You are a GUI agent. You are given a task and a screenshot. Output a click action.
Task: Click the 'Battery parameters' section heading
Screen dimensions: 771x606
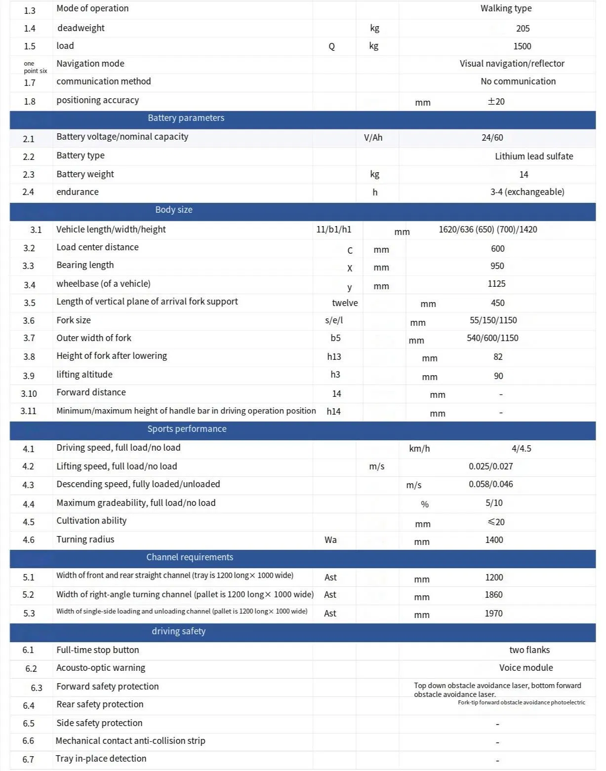[186, 118]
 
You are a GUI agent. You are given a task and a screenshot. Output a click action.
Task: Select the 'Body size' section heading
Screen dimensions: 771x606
[173, 210]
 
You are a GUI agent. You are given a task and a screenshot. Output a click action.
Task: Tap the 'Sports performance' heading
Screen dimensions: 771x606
[187, 429]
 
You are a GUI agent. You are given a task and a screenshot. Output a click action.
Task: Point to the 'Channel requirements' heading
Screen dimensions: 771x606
[190, 557]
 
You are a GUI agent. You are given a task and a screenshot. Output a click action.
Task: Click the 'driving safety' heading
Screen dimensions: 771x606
[178, 631]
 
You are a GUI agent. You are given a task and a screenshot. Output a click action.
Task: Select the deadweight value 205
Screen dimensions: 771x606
[523, 29]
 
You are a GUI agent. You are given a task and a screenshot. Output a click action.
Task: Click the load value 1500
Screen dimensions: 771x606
[522, 46]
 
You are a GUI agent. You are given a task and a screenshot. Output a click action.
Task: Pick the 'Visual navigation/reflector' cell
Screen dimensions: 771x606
[512, 64]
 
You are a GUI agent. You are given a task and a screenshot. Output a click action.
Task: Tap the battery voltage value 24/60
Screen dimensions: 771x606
[492, 138]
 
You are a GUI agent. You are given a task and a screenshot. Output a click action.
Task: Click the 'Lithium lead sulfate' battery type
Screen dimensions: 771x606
[533, 156]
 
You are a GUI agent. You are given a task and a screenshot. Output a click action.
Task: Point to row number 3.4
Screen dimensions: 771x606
[30, 285]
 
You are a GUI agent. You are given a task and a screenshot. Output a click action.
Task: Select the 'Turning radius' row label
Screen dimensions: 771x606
[85, 540]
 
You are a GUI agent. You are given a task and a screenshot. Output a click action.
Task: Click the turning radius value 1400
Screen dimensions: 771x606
[494, 540]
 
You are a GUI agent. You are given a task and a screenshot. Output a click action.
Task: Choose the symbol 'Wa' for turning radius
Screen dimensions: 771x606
[330, 540]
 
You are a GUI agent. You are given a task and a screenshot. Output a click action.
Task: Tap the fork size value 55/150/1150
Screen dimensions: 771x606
[493, 320]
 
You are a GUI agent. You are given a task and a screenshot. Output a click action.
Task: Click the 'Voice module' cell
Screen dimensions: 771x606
[525, 668]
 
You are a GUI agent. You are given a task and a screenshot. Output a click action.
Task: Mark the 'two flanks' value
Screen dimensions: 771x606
[529, 650]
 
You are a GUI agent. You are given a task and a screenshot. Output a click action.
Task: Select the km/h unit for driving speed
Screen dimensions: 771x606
[419, 449]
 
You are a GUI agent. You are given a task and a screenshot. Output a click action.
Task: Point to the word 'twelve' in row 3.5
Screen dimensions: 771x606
[345, 303]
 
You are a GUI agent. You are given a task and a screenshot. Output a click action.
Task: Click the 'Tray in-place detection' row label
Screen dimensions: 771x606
[101, 759]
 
